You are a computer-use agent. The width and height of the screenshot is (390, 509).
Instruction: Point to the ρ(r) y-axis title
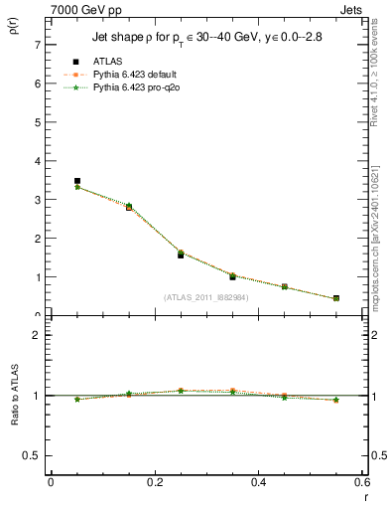(x=13, y=29)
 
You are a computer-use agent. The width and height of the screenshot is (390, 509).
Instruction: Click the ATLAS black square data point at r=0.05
(x=77, y=181)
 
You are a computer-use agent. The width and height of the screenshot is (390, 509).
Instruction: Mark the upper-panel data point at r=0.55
(x=336, y=298)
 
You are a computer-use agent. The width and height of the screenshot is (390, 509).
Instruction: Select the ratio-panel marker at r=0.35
(x=232, y=391)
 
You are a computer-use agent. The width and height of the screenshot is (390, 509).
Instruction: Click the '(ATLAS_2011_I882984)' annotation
(x=206, y=296)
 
